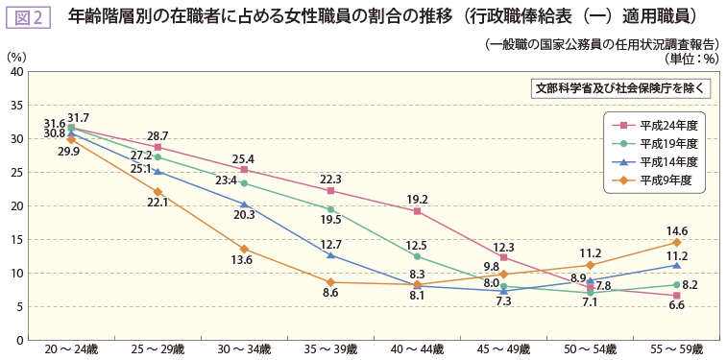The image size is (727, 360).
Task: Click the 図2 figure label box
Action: [28, 16]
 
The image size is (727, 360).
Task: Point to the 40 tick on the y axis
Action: [17, 72]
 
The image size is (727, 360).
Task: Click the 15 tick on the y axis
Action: [17, 239]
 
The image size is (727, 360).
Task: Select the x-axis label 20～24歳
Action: [71, 349]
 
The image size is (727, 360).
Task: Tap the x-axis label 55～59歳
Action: [676, 349]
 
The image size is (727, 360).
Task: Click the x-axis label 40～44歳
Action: [417, 349]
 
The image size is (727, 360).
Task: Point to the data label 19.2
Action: [417, 200]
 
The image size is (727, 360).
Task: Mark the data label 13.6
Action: [242, 260]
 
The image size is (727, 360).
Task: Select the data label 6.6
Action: [676, 305]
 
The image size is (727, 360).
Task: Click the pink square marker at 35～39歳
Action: [330, 191]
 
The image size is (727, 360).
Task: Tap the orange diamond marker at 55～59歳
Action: [676, 242]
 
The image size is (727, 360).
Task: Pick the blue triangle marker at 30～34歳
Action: [244, 204]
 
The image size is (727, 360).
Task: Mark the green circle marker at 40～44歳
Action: [417, 256]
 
